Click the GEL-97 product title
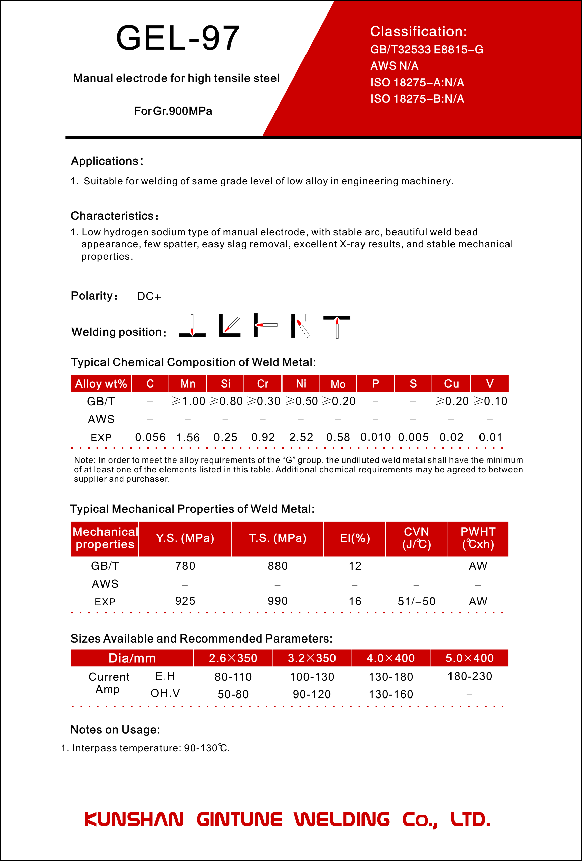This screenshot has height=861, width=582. coord(178,38)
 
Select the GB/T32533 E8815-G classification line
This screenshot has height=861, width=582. coord(427,50)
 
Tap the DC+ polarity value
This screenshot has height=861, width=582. coord(149,296)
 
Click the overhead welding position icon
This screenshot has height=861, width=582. coord(337,326)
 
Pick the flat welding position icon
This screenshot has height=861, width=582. coord(192,326)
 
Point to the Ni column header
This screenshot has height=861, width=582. coord(301,383)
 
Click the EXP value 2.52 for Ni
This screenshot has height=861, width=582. coord(301,438)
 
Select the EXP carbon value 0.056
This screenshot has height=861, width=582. coord(150,438)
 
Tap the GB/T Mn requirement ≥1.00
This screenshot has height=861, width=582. coord(188,401)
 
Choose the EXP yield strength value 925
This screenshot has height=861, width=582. coord(185,601)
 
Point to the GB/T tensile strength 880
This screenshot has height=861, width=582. coord(278,566)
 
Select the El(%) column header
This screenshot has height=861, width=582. coord(354,538)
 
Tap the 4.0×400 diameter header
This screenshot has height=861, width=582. coord(390,658)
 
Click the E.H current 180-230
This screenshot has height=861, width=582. coord(469,677)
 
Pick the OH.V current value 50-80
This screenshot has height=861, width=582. coord(233,694)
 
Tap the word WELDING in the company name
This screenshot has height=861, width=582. coord(342,820)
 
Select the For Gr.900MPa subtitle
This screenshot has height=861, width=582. coord(173,111)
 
